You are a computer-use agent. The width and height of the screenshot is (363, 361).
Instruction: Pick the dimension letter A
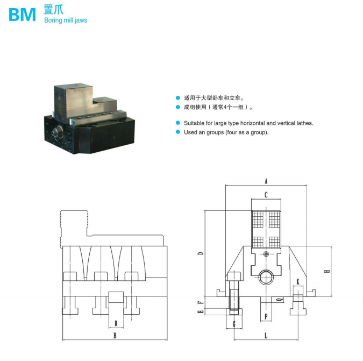coord(266,181)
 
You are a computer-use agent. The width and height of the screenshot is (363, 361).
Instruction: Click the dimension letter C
coord(266,195)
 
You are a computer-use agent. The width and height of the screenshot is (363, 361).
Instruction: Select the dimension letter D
coord(200,253)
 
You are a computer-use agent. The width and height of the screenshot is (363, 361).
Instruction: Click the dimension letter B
coord(115,336)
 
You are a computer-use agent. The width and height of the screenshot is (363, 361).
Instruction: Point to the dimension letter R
coord(116,323)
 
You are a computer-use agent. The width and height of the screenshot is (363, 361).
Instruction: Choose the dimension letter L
coord(266,336)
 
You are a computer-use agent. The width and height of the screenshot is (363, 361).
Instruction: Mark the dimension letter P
coord(266,317)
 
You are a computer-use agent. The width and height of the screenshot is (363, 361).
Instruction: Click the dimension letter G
coord(234,323)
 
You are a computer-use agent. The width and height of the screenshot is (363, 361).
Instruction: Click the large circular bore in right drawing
coord(266,278)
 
